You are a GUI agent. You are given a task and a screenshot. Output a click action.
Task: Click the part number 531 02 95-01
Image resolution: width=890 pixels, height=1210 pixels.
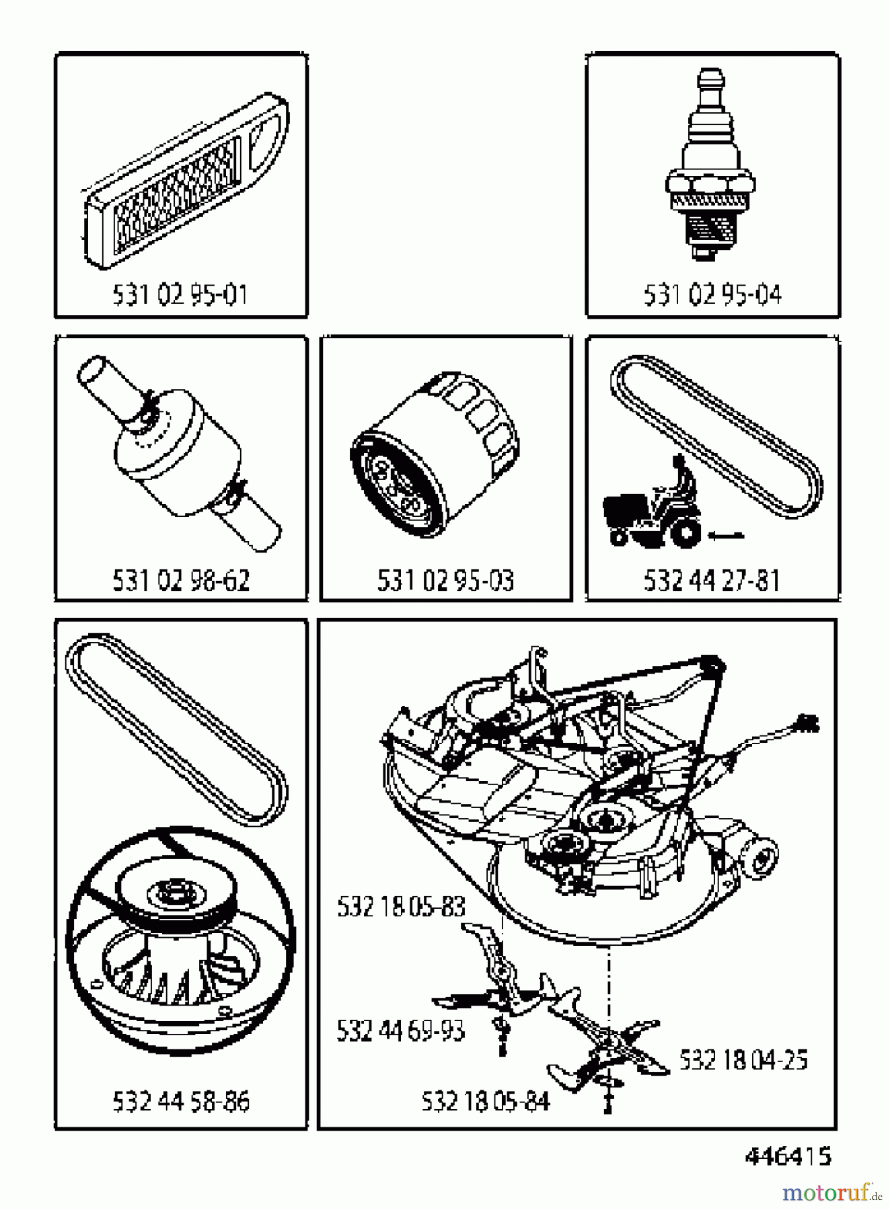click(180, 295)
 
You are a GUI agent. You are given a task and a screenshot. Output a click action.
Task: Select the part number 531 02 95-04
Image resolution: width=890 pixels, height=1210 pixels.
click(712, 295)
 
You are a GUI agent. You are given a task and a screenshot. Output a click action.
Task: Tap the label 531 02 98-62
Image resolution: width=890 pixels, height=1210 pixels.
click(180, 581)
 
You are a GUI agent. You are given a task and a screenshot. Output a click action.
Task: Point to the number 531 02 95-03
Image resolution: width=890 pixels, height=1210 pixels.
click(445, 581)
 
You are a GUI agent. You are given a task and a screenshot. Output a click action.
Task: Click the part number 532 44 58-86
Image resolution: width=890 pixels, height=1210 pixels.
click(180, 1102)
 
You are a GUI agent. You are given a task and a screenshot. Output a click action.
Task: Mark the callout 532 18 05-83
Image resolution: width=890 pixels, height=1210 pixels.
click(401, 907)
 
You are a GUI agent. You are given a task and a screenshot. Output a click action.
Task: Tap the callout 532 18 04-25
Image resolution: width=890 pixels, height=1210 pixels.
click(743, 1060)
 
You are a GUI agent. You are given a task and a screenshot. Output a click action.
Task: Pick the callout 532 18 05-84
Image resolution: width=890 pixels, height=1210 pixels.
click(485, 1102)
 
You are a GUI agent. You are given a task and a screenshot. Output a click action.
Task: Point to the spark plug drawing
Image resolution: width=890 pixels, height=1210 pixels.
click(710, 168)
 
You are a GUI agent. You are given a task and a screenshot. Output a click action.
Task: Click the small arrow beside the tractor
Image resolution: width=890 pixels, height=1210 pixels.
click(725, 536)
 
